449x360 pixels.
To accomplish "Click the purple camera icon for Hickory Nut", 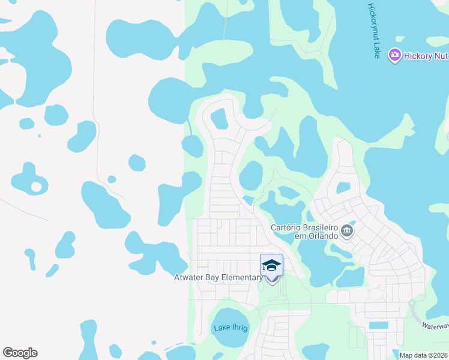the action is pos(394,56).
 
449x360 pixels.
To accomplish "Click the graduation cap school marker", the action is pos(271,265).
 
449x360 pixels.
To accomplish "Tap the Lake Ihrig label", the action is pos(231,328).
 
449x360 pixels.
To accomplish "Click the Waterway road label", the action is pos(434,326).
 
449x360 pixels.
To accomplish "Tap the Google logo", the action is pos(20,353).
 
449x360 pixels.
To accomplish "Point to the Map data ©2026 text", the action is pos(423,355).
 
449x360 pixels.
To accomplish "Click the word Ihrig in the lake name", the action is pos(239,328).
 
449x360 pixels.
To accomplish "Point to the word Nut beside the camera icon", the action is pos(441,56).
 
